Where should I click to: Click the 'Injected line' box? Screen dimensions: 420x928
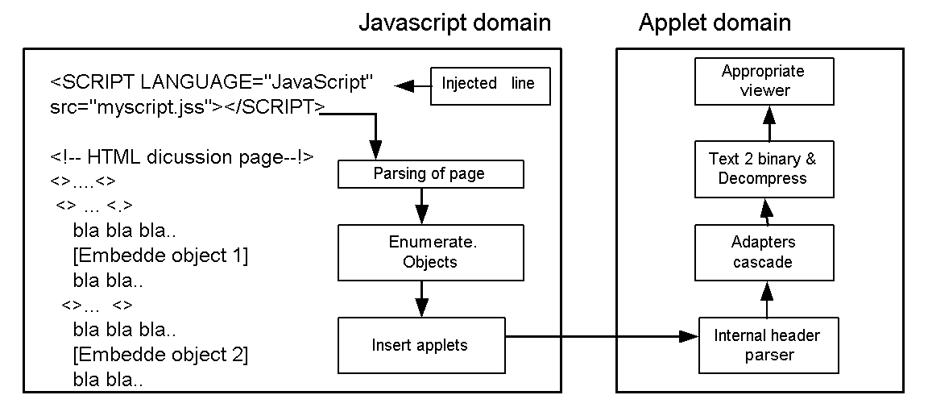[x=490, y=85]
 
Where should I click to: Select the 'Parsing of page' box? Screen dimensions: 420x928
[x=429, y=174]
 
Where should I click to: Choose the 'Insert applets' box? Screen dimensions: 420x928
[x=420, y=345]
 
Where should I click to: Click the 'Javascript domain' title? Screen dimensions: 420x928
[x=454, y=22]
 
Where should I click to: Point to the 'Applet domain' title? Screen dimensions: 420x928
[x=715, y=22]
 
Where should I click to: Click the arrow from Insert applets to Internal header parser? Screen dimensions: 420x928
[x=600, y=336]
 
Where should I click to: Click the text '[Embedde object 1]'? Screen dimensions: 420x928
[x=159, y=256]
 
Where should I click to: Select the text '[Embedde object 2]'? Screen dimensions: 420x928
[x=159, y=354]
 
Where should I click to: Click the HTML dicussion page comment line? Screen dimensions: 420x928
[x=181, y=158]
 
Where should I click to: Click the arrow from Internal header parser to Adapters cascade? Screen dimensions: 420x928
[x=768, y=299]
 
